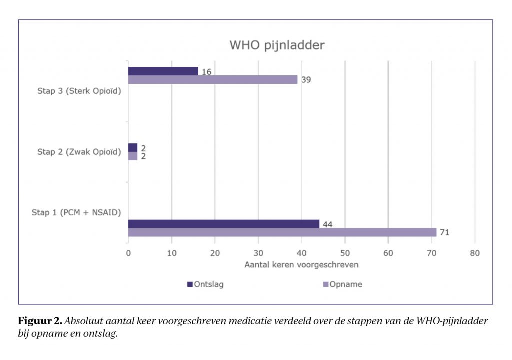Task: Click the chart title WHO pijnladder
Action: click(x=277, y=45)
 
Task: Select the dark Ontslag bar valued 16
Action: click(x=163, y=71)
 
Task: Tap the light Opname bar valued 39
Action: click(x=213, y=80)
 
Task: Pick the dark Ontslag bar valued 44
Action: click(x=224, y=224)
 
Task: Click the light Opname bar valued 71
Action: click(x=282, y=232)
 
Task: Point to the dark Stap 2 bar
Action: click(x=133, y=148)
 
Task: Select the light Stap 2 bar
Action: click(x=133, y=156)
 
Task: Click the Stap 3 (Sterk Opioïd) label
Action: click(x=79, y=91)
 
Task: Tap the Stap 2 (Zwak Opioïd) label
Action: click(x=79, y=152)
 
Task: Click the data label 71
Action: click(x=444, y=232)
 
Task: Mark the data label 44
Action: click(x=327, y=224)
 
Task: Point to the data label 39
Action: click(x=305, y=80)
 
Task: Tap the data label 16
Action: click(x=206, y=71)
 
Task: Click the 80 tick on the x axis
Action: click(x=475, y=253)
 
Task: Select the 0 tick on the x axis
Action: click(x=128, y=253)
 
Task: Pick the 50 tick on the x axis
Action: click(x=345, y=253)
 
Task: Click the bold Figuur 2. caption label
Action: click(x=41, y=320)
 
